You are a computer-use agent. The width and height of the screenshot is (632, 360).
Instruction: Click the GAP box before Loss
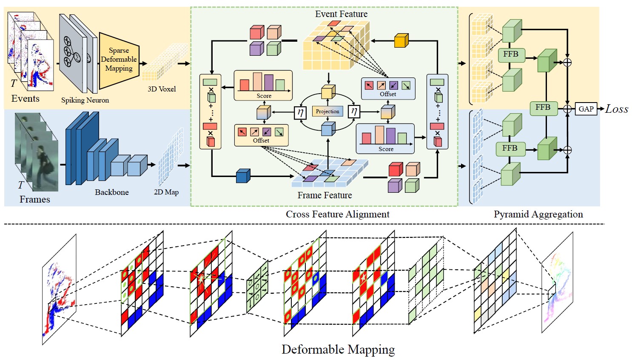[x=586, y=109]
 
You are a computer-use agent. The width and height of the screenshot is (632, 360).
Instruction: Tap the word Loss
[x=617, y=109]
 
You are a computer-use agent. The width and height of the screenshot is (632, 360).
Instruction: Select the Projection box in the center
[x=327, y=111]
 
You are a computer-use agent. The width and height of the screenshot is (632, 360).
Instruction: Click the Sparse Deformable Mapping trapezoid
[x=119, y=60]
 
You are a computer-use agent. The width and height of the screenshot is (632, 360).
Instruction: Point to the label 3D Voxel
[x=162, y=89]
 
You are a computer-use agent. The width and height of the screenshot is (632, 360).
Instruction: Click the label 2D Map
[x=166, y=192]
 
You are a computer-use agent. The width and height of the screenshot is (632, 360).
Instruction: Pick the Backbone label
[x=111, y=192]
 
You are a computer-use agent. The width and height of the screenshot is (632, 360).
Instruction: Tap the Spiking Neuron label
[x=85, y=100]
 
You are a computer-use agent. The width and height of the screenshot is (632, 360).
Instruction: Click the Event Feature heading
[x=341, y=14]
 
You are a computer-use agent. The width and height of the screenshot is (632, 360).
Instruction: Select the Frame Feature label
[x=325, y=195]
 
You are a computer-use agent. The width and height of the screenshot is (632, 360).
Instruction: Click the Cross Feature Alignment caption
[x=337, y=214]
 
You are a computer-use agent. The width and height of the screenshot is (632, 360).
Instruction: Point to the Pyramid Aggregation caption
[x=538, y=214]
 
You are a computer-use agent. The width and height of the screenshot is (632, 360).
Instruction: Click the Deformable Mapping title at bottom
[x=338, y=350]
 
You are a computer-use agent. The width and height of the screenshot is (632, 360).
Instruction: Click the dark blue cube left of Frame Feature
[x=243, y=176]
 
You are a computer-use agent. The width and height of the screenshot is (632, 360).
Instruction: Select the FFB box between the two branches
[x=543, y=108]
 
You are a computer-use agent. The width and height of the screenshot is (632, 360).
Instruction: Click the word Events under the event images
[x=26, y=99]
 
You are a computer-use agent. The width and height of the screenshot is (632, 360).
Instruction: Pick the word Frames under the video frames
[x=34, y=200]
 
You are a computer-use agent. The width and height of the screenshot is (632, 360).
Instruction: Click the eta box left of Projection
[x=300, y=112]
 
